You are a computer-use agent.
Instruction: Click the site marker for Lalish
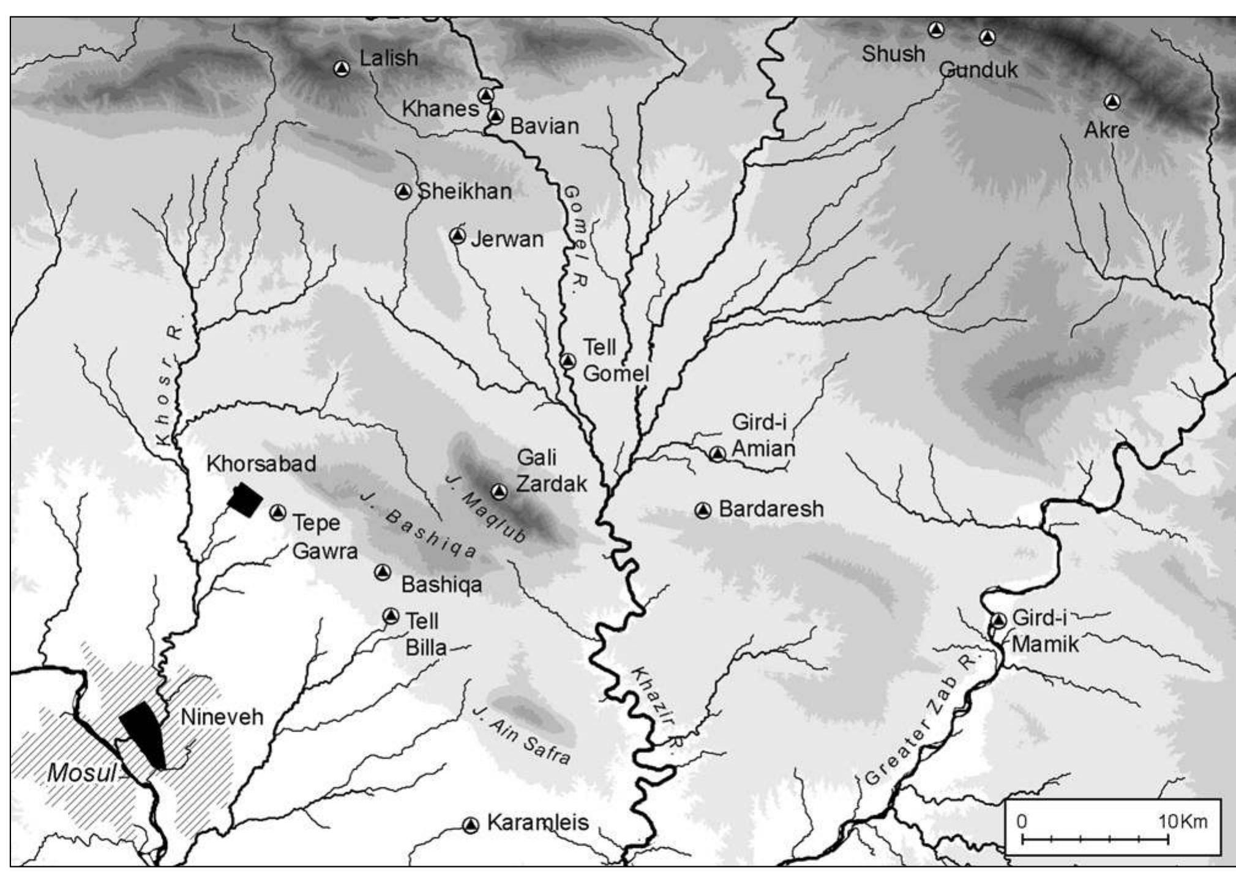[342, 68]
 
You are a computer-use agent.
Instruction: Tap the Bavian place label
[544, 126]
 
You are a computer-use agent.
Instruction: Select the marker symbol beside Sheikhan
[403, 192]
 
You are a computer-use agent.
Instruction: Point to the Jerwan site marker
[457, 236]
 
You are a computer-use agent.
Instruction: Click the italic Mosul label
[81, 773]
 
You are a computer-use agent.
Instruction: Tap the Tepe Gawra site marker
[278, 512]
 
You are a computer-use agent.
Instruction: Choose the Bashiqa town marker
[383, 572]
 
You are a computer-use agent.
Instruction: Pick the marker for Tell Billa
[391, 616]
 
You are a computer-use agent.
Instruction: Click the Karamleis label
[537, 822]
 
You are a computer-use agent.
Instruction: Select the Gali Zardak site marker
[500, 491]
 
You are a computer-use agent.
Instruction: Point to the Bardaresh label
[771, 509]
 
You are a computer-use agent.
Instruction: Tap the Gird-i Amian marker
[717, 454]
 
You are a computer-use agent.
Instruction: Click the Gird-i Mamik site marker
[998, 620]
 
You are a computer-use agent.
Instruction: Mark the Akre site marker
[1112, 102]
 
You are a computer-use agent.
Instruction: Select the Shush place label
[893, 54]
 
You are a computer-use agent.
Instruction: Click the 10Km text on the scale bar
[1183, 821]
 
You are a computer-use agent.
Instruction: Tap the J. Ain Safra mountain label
[522, 735]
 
